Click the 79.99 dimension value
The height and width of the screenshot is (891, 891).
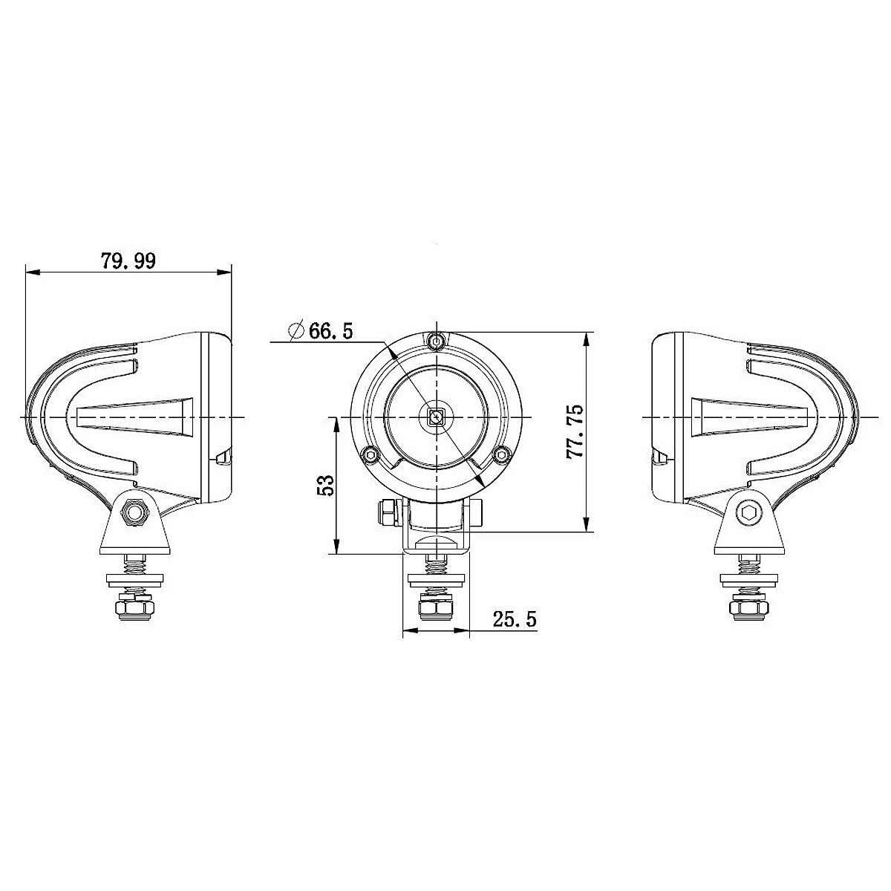128,261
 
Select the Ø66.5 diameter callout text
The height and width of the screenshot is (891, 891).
321,330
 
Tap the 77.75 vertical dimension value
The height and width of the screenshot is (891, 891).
575,431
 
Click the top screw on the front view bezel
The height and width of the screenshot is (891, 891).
437,342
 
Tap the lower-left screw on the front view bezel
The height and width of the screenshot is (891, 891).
368,455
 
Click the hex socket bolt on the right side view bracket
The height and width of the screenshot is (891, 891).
749,512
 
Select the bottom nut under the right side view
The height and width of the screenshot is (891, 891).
749,610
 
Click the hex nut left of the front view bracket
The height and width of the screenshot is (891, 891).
386,512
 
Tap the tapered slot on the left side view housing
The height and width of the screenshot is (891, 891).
134,417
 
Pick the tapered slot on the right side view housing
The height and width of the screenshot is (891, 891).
750,417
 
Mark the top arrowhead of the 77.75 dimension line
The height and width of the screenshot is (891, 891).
587,339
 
